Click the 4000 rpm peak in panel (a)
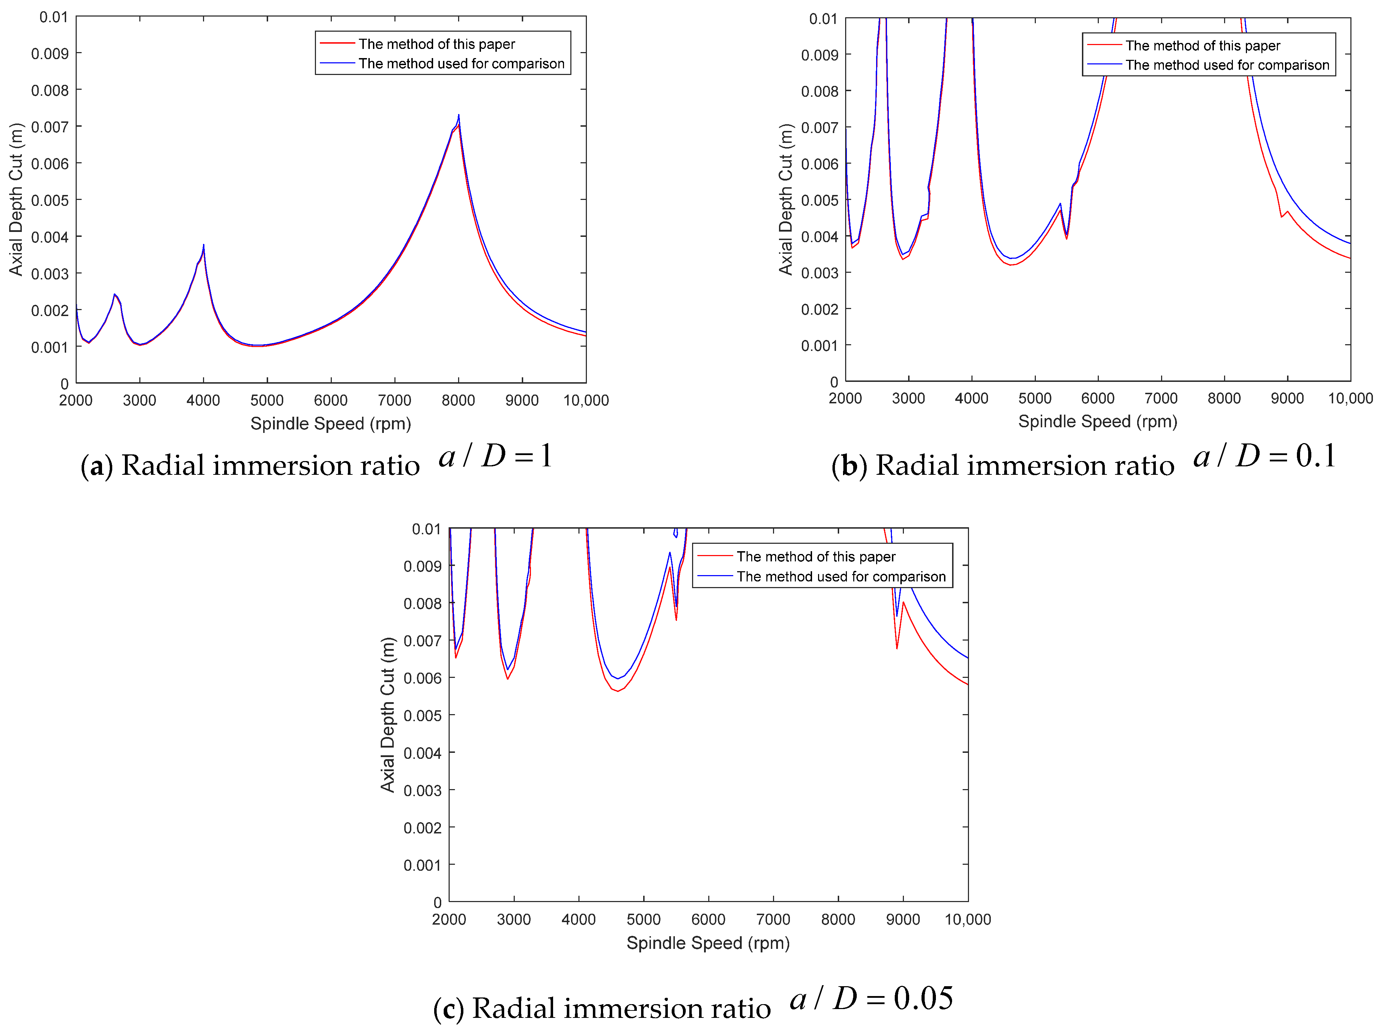203,245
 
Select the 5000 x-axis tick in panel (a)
267,400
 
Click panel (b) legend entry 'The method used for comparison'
1227,65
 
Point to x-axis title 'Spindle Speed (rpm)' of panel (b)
1097,422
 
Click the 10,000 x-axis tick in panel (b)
1350,398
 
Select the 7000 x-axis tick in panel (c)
773,919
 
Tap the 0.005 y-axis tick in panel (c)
422,716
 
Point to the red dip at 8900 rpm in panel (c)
897,648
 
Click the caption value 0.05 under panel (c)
923,998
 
